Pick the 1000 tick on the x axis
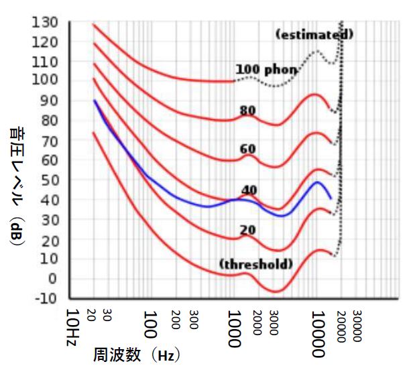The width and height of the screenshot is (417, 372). (233, 329)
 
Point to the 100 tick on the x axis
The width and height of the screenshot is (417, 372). (150, 325)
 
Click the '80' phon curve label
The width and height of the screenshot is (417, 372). (249, 111)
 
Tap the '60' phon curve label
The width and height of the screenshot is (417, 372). (249, 149)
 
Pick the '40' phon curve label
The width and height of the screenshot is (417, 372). (249, 190)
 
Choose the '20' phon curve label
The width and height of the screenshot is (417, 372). (248, 231)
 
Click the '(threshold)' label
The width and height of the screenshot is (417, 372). (255, 264)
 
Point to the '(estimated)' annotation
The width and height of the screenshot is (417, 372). (314, 34)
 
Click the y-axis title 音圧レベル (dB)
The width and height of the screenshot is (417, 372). (17, 188)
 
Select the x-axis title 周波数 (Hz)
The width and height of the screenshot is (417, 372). (137, 353)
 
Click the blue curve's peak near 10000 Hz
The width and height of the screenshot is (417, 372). (317, 182)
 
